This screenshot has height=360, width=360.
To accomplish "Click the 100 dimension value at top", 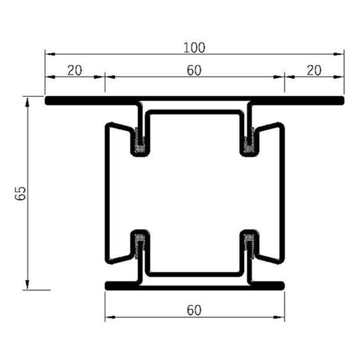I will [x=194, y=46].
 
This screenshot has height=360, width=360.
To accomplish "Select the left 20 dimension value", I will [x=74, y=70].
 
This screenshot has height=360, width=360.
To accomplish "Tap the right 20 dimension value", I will [x=313, y=70].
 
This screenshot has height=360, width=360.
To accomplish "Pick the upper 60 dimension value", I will [x=193, y=70].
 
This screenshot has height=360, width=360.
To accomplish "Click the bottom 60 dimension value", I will [x=194, y=310].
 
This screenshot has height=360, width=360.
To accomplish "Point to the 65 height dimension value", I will [x=20, y=193].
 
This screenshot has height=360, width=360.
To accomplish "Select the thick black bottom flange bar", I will [x=194, y=285].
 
